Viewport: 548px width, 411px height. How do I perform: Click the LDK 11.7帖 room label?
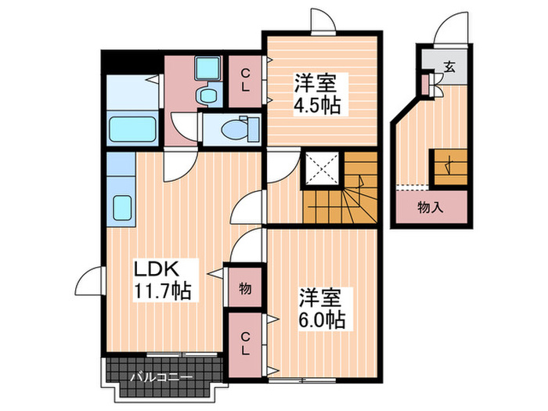pos(162,279)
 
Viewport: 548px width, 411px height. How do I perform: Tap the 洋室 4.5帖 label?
pos(317,93)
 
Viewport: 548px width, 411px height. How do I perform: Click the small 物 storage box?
pos(245,290)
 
